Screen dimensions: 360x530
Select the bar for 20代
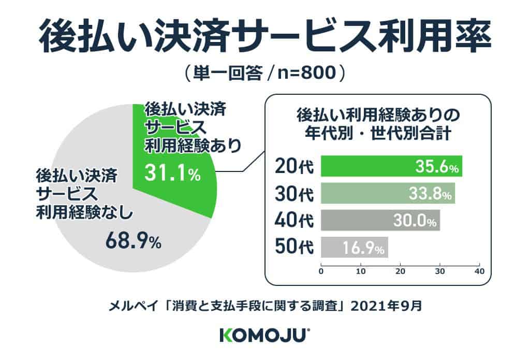[391, 166]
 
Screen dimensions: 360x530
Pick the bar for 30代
[388, 193]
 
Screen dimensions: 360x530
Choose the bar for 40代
[380, 220]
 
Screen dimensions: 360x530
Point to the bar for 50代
[354, 247]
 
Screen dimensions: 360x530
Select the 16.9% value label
[363, 249]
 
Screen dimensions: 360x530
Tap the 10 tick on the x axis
[361, 270]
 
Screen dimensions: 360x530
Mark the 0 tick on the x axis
[321, 270]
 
